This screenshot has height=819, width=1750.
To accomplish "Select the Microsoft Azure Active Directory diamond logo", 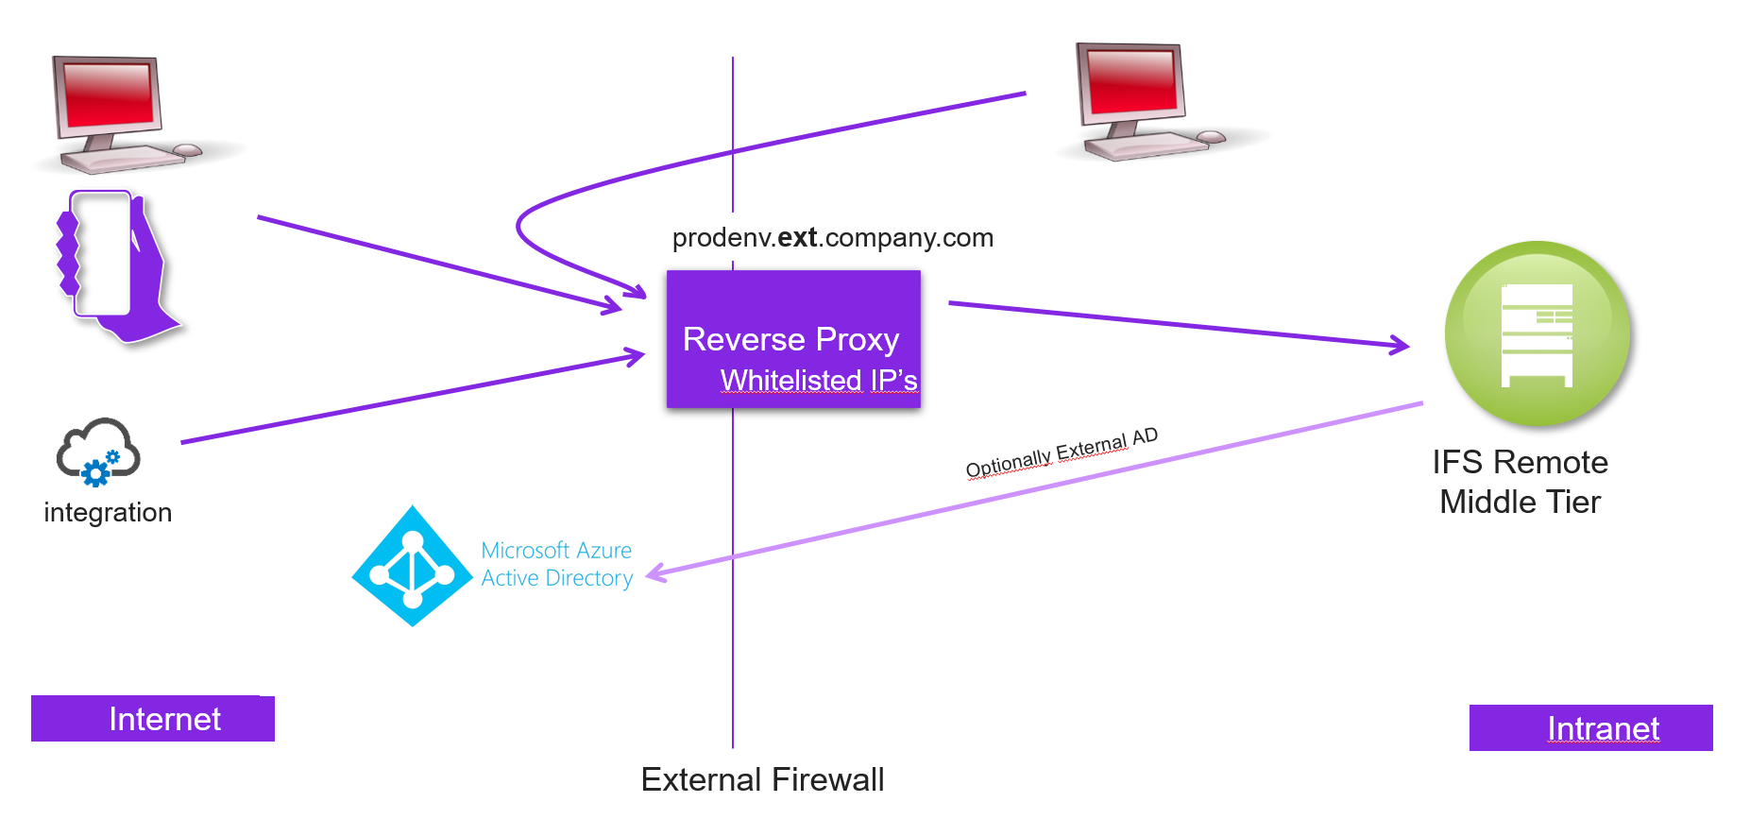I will point(412,566).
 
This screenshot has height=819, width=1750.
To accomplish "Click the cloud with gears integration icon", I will point(97,452).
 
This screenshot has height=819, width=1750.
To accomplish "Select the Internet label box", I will point(153,719).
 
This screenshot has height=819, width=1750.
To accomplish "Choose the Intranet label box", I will point(1590,728).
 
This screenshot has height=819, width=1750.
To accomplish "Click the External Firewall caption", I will point(762,779).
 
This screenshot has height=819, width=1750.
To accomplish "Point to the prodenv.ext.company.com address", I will point(832,237).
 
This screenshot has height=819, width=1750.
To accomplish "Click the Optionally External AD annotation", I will point(1061,452).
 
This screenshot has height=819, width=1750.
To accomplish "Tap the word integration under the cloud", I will point(108,512).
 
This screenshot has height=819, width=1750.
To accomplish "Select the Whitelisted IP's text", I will point(818,380).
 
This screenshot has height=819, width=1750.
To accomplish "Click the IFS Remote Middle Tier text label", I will point(1520,482).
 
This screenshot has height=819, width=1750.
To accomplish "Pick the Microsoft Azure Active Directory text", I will point(556,564).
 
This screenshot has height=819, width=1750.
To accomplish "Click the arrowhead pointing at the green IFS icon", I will point(1399,346).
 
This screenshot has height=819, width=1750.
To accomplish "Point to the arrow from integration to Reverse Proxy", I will point(406,401).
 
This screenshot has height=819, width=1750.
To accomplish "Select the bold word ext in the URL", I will point(797,237).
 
